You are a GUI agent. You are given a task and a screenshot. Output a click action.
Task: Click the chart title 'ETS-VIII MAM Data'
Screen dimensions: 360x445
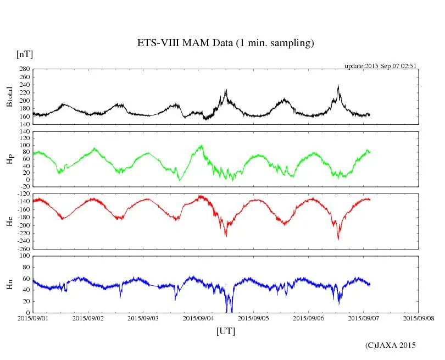click(225, 43)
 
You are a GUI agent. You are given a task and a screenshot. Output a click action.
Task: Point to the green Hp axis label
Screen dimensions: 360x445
click(9, 160)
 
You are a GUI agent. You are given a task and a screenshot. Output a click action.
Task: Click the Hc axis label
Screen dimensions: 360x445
click(9, 221)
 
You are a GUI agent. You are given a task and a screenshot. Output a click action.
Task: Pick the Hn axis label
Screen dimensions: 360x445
click(9, 284)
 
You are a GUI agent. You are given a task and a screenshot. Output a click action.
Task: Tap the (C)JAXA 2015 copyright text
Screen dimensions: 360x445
click(391, 345)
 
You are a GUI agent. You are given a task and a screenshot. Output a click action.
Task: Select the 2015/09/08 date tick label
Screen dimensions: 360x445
click(419, 318)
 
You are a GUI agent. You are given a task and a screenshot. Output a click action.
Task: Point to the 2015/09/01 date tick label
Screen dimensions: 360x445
click(33, 318)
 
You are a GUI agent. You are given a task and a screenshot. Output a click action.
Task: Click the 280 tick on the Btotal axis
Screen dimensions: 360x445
click(24, 69)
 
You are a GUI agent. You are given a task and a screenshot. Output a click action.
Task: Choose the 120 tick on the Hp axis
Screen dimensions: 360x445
click(24, 132)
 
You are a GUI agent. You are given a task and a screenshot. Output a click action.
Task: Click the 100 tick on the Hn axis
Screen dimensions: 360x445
click(24, 256)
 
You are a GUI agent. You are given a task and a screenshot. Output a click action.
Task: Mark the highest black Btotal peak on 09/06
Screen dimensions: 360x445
click(338, 85)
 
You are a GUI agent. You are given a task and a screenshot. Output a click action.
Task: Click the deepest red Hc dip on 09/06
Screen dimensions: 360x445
click(338, 239)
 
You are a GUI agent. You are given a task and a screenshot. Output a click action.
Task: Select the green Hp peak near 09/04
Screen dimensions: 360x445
click(202, 145)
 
